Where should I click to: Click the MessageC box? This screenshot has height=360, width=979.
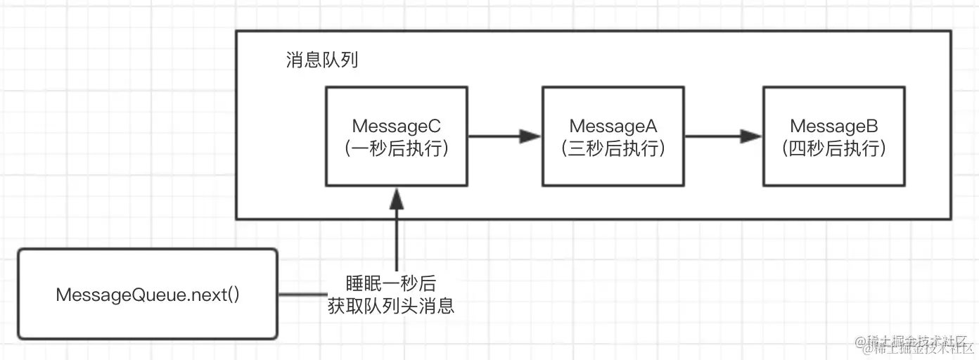[397, 136]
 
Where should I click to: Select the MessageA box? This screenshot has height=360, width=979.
[613, 136]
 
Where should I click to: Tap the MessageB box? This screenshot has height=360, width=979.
[834, 136]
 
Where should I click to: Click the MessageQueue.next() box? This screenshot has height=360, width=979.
[148, 294]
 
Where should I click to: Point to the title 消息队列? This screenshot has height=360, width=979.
[321, 60]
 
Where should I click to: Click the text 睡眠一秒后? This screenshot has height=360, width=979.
[390, 283]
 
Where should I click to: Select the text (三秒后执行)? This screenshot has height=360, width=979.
[613, 149]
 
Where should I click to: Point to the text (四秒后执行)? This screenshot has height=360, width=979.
[835, 149]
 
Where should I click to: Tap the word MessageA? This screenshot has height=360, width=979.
[613, 126]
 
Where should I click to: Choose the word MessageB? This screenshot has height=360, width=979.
[835, 126]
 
